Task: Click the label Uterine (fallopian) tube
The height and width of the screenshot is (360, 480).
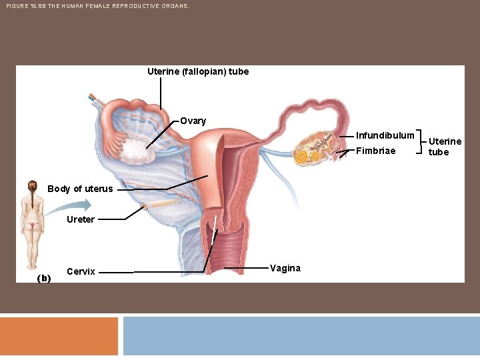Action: (x=198, y=71)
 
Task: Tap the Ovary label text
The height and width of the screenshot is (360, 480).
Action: (x=193, y=121)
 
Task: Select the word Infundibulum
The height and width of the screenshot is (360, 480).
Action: (x=385, y=136)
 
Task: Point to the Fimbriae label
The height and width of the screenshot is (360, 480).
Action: (x=375, y=151)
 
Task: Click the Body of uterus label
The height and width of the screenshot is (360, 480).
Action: (x=80, y=189)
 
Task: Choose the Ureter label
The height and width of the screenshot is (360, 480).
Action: (x=81, y=219)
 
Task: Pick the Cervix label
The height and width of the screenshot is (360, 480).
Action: (x=81, y=271)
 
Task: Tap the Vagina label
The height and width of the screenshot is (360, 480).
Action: (x=285, y=268)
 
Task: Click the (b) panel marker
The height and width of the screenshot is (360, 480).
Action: (x=44, y=278)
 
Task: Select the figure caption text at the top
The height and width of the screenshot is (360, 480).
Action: (x=97, y=5)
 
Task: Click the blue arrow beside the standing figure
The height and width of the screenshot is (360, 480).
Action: (x=62, y=207)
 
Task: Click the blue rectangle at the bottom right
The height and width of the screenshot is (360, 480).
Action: (x=301, y=336)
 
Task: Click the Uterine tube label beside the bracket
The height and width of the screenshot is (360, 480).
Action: (x=444, y=147)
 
